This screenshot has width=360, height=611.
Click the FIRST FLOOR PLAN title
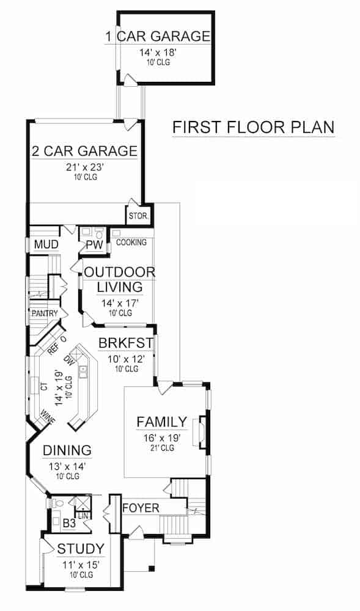click(253, 128)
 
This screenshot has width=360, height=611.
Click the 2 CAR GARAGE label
click(84, 151)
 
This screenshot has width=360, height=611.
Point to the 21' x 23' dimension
click(84, 167)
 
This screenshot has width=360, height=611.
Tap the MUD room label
click(46, 245)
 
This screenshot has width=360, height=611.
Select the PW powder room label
click(94, 246)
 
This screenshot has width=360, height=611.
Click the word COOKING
click(131, 243)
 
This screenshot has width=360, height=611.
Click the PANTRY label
click(45, 313)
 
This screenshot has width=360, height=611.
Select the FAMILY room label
click(161, 422)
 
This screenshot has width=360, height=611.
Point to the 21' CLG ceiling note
click(161, 448)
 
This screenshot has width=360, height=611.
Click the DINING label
click(67, 450)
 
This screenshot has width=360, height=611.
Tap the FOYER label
click(141, 508)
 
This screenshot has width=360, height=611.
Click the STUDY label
click(81, 548)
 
